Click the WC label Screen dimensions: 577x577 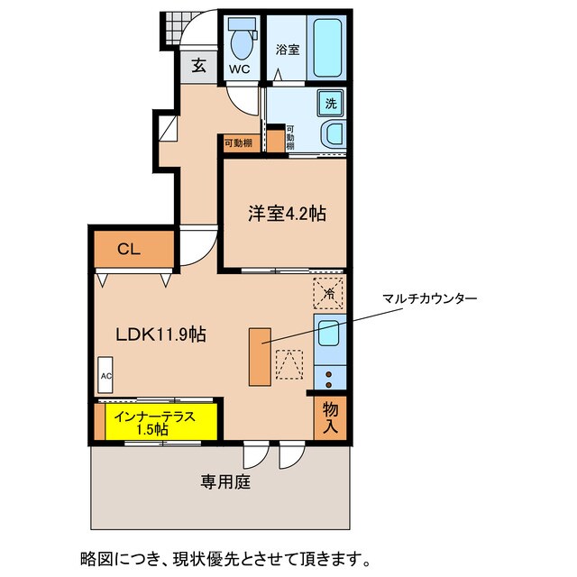point(238,69)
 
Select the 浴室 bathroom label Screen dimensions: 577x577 point(286,51)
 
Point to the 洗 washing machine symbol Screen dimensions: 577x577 point(331,103)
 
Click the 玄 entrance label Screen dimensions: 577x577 point(197,66)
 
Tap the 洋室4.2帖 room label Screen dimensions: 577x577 point(287,214)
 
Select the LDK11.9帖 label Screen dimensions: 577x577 point(160,334)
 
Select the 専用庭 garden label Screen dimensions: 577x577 point(224,481)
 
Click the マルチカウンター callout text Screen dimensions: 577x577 point(430,298)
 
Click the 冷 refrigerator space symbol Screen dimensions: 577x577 point(329,292)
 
